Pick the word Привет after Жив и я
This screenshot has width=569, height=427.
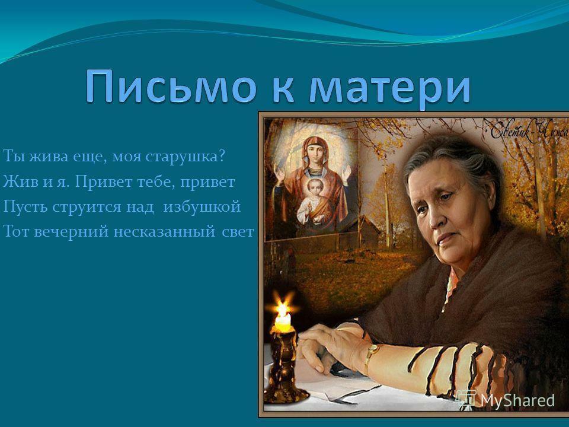click(103, 180)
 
